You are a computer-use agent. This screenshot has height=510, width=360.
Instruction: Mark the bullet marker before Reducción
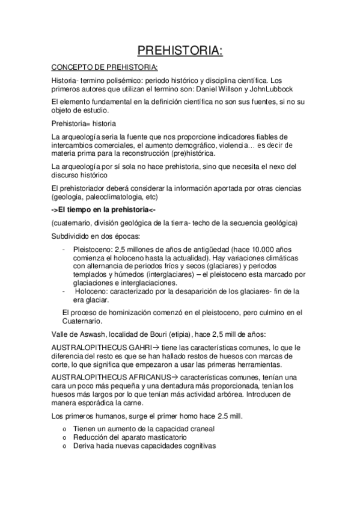64,438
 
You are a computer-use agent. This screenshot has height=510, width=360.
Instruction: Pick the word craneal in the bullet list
199,429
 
